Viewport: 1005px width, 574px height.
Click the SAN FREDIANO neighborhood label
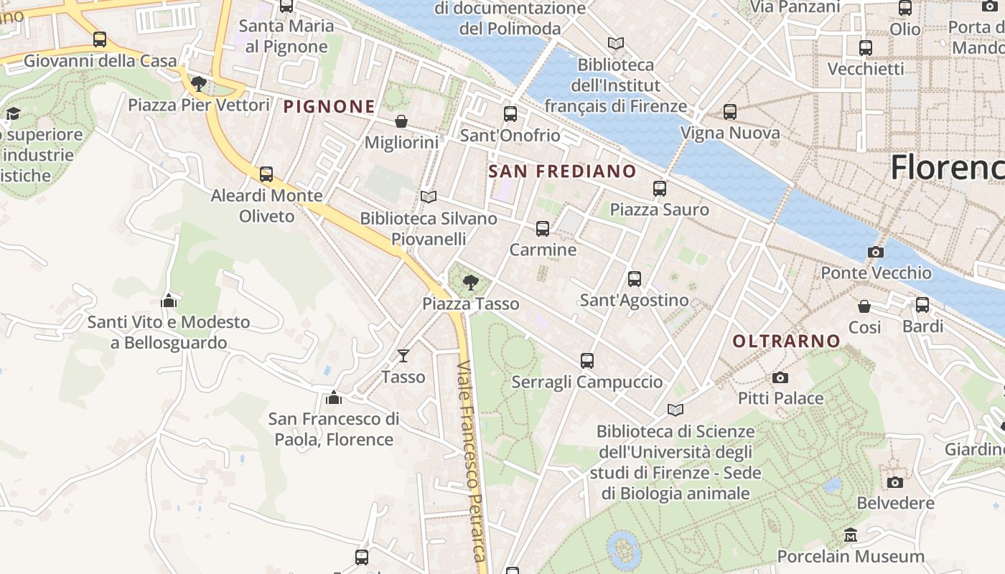coord(562,171)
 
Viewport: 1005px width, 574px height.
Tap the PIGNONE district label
coord(329,107)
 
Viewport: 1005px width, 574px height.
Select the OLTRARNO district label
coord(786,341)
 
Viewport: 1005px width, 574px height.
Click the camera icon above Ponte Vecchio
coord(875,252)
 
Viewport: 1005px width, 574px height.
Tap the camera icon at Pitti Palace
coord(780,377)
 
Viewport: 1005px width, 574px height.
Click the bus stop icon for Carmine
coord(543,229)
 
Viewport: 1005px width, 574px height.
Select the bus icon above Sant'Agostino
coord(634,279)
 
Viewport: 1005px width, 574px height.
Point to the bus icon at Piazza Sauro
coord(659,189)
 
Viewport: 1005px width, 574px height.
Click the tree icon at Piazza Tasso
coord(470,283)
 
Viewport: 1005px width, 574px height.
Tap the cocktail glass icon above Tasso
coord(403,355)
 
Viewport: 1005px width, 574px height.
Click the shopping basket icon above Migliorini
coord(401,121)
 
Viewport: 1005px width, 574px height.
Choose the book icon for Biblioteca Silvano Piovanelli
coord(429,197)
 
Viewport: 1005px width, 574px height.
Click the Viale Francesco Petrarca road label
coord(472,459)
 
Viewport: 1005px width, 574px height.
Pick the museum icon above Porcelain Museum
coord(851,535)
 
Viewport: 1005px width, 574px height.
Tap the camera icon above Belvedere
coord(894,482)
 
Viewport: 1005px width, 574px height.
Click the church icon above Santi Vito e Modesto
coord(169,301)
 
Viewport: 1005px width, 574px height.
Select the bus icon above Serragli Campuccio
coord(586,361)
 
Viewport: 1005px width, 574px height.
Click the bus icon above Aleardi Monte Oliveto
coord(266,174)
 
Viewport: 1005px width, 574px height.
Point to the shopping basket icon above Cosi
coord(864,306)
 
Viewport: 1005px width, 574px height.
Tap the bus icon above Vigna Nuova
coord(729,112)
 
